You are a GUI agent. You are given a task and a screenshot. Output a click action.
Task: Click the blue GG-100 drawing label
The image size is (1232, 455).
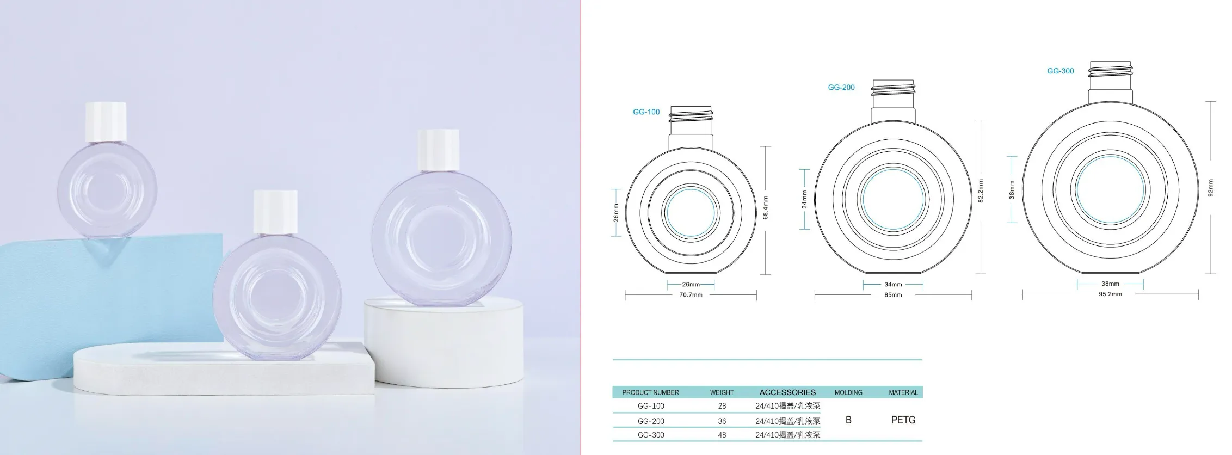point(646,112)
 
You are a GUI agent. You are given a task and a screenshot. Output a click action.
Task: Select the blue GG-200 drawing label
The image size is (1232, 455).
point(841,87)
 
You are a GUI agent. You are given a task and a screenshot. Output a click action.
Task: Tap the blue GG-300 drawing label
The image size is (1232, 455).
point(1061,71)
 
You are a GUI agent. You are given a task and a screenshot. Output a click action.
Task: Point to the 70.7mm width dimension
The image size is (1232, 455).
point(691,295)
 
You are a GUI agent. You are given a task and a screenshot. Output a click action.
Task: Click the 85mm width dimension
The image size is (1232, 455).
point(893,295)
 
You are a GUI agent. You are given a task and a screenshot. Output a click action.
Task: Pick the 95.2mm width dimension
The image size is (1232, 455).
point(1110,294)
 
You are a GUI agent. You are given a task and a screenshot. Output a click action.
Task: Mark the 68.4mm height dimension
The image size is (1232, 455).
point(766,208)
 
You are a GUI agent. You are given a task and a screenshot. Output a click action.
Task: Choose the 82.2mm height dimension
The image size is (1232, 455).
point(981,192)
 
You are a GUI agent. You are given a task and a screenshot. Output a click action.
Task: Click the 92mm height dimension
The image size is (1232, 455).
point(1211,188)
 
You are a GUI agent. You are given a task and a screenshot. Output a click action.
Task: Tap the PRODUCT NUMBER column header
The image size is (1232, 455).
point(650,392)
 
